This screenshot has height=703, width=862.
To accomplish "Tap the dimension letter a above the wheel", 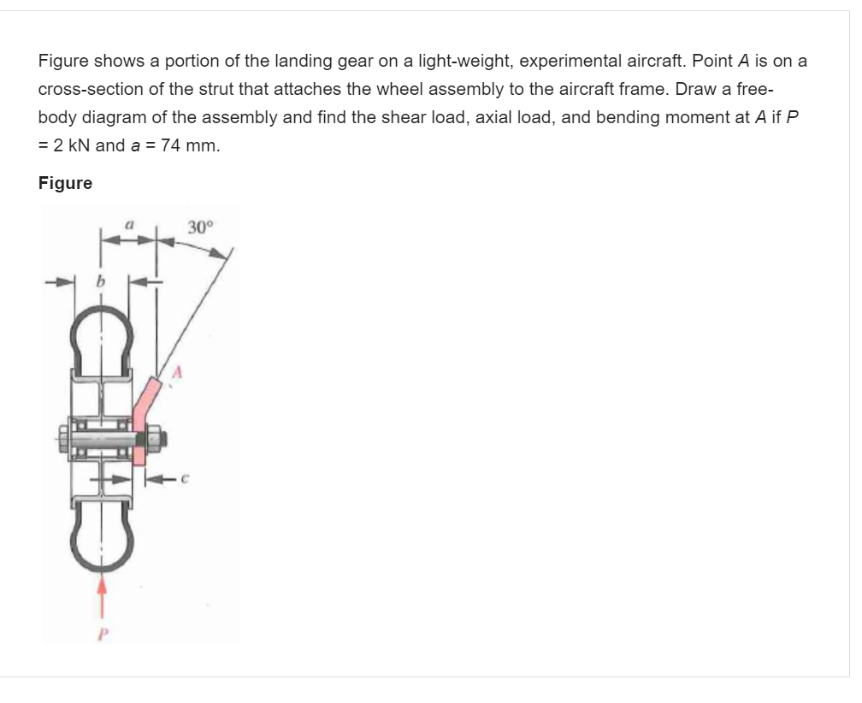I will pos(127,224).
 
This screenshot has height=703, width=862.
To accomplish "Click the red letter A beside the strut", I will pos(178,373).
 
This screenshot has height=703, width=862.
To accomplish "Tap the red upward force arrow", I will pos(103,594).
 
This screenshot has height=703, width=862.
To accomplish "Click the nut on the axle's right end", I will pos(160,440).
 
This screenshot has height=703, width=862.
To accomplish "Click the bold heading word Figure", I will pos(65,183).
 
